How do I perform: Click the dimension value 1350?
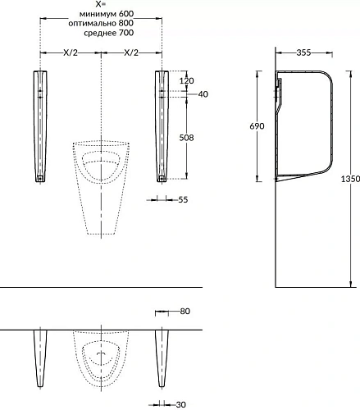click(350, 179)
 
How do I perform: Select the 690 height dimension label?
click(257, 126)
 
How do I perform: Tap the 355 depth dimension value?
click(303, 52)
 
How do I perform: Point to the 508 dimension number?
click(186, 138)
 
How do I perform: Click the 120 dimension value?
click(187, 80)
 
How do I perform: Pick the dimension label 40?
click(203, 94)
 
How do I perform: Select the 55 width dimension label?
click(183, 199)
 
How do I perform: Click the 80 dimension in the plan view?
click(185, 311)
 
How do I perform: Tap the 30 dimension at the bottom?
click(181, 404)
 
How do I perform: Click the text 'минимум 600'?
click(107, 13)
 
